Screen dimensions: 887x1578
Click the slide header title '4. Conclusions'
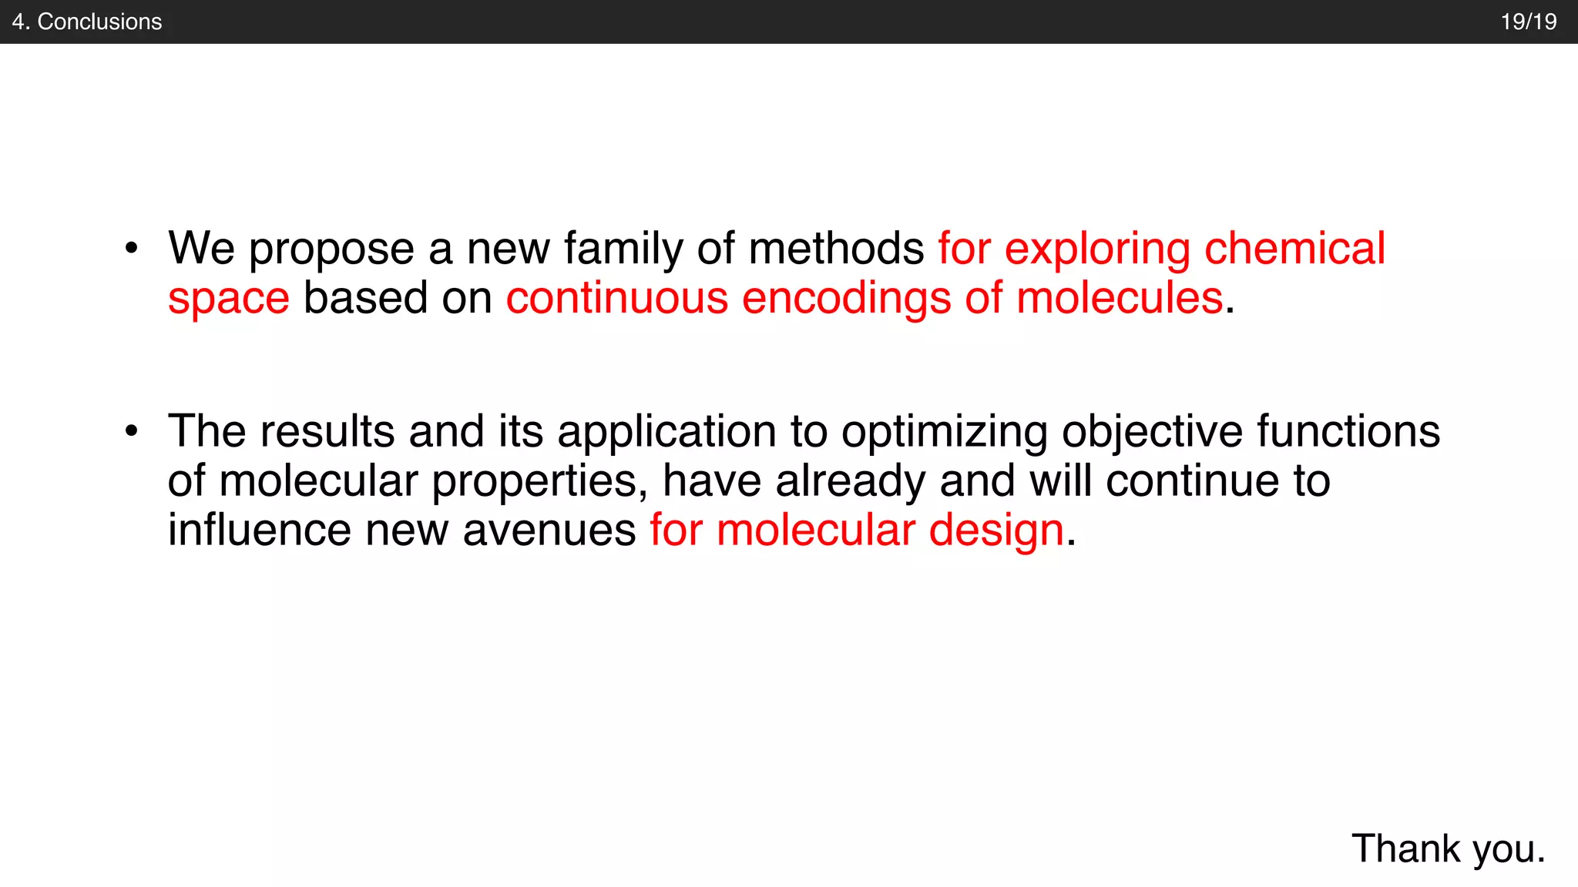tap(87, 22)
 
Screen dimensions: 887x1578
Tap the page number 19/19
tap(1528, 22)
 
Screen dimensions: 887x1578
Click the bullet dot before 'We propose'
tap(132, 249)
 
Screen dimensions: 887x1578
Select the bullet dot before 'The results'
tap(132, 431)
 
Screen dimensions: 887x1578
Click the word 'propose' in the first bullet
tap(331, 250)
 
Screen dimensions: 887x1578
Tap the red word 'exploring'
tap(1097, 250)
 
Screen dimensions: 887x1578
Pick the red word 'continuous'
tap(616, 298)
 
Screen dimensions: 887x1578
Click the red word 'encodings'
tap(846, 300)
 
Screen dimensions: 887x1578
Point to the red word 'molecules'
tap(1120, 298)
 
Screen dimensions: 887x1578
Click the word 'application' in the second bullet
tap(666, 433)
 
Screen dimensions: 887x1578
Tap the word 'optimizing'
tap(945, 433)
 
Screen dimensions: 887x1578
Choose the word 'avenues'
tap(549, 531)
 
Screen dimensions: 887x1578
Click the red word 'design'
tap(996, 532)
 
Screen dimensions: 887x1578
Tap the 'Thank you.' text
tap(1449, 849)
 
